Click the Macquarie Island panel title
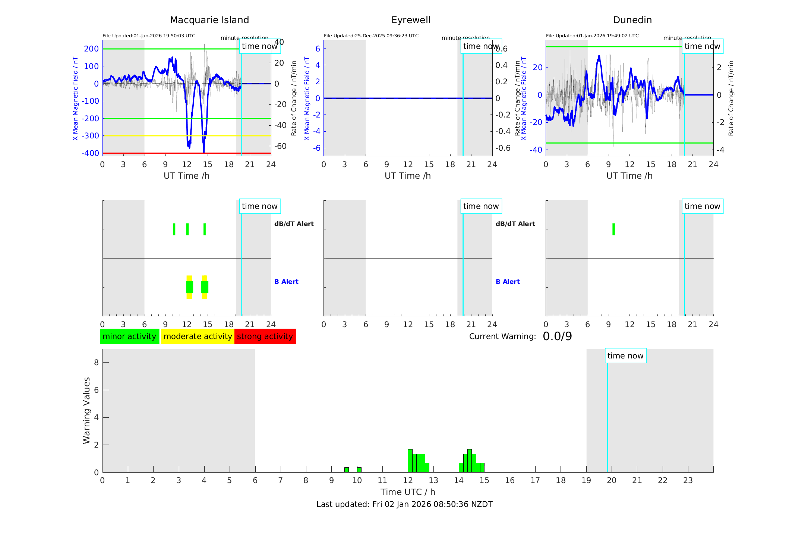209,20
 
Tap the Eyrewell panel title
411,20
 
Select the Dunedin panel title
632,20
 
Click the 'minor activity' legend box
129,336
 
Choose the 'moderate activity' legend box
198,336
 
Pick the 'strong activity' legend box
265,336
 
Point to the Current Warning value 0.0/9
557,336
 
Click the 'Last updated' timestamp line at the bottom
404,504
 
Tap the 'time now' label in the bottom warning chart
625,356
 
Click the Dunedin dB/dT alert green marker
613,229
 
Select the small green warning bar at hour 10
359,470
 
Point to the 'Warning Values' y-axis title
86,410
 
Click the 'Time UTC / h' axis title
408,492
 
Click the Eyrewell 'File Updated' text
371,36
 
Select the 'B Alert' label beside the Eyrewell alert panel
508,282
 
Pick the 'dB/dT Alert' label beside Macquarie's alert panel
294,224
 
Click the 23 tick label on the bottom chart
688,480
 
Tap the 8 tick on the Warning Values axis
96,362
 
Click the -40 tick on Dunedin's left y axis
537,150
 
